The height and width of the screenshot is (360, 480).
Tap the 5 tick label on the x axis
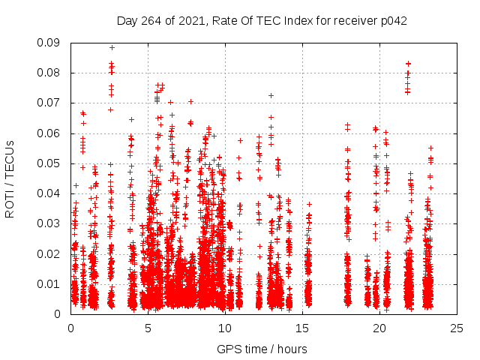148,328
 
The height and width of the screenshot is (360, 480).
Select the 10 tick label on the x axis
225,328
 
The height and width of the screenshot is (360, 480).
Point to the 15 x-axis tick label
302,328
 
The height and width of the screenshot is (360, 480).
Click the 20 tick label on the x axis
379,328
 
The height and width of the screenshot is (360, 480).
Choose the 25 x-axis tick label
457,328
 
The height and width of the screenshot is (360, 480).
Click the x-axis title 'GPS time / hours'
262,349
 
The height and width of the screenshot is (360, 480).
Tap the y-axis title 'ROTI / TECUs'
10,178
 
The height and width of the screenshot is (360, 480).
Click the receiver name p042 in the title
393,21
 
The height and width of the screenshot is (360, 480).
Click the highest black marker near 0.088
112,47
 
